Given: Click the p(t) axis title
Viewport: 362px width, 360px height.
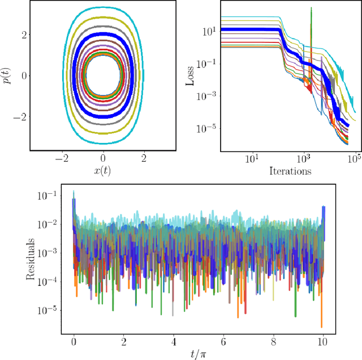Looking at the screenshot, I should pos(7,76).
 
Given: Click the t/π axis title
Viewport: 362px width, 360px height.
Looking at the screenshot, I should pos(199,354).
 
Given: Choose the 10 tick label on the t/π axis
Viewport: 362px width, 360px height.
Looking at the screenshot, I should pos(322,342).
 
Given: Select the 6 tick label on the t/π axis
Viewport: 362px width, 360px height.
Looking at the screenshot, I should pos(223,342).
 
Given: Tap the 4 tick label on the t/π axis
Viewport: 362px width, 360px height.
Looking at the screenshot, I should pos(174,342).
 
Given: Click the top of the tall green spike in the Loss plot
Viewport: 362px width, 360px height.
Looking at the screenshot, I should pos(311,8).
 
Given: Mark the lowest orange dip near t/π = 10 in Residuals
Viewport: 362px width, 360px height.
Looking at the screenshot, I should pos(321,327).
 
